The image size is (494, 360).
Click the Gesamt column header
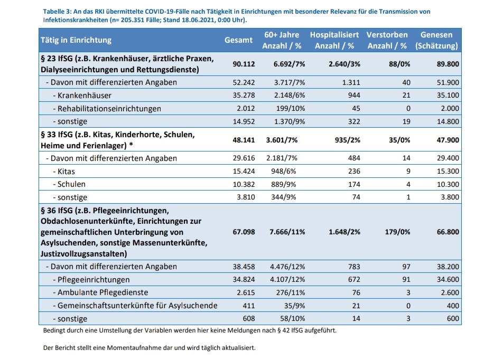[x=238, y=40]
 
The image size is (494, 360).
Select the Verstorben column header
[x=387, y=40]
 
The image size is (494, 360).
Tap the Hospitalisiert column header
[x=334, y=40]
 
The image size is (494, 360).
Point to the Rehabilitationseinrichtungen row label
[x=107, y=109]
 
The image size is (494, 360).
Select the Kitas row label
[x=63, y=172]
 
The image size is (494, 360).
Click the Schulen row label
[x=69, y=184]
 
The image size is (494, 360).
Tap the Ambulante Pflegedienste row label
[x=100, y=292]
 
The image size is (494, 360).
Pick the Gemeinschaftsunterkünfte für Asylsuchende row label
[x=135, y=306]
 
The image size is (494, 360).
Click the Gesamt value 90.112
[x=244, y=64]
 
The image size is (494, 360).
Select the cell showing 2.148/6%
[x=289, y=96]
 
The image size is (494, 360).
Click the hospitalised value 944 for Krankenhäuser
[x=354, y=96]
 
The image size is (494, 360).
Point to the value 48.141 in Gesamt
[x=244, y=140]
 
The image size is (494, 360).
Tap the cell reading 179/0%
[x=397, y=232]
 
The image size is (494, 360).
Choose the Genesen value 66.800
[x=448, y=232]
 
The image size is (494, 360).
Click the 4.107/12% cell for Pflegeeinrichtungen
[x=287, y=279]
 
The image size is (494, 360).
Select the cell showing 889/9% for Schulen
[x=284, y=184]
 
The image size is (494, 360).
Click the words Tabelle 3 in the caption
[x=57, y=12]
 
